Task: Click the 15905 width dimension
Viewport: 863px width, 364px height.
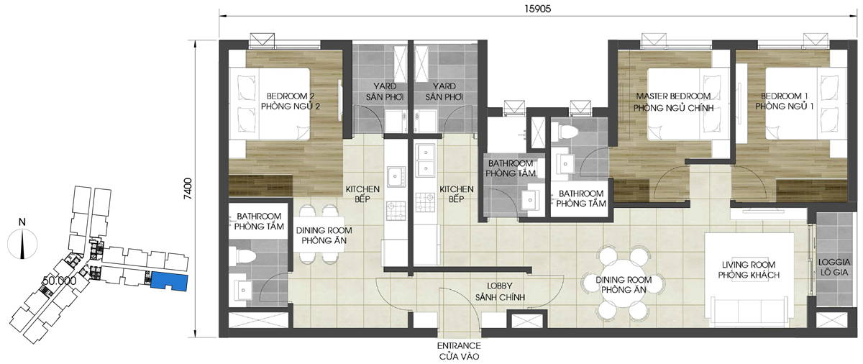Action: (537, 9)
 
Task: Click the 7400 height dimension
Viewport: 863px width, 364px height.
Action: (188, 188)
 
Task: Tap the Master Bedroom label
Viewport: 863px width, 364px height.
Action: (673, 102)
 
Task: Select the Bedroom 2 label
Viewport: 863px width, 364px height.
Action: (291, 101)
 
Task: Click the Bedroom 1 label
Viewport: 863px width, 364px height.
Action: (785, 101)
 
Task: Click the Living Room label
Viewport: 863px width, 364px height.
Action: (749, 270)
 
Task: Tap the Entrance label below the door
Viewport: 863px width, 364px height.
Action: (459, 351)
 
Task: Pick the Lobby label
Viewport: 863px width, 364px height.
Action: (500, 291)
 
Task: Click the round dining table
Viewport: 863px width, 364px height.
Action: (624, 284)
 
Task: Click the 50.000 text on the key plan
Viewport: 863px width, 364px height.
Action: (59, 281)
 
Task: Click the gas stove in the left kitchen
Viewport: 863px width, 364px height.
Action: (396, 211)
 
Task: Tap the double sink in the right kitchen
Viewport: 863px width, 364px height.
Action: (425, 159)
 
